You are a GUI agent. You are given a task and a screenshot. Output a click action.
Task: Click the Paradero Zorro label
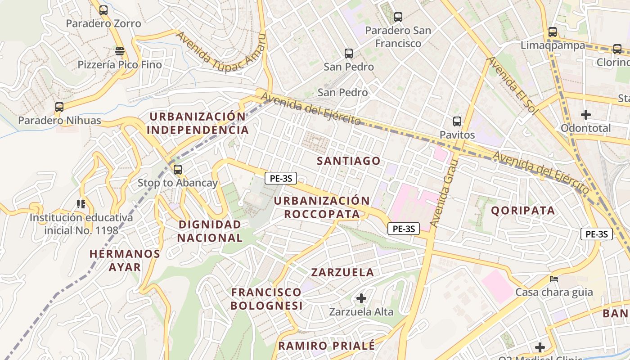click(x=103, y=23)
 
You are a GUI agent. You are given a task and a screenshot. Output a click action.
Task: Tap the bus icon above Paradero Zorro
click(x=103, y=10)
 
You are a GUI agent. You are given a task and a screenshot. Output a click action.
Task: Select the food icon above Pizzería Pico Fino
click(x=119, y=51)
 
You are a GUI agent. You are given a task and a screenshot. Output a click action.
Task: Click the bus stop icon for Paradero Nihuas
click(x=59, y=107)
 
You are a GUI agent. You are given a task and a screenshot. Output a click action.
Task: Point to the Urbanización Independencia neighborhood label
click(x=198, y=123)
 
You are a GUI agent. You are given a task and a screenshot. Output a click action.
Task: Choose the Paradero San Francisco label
click(x=398, y=37)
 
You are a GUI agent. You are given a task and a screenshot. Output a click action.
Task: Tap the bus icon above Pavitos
click(x=457, y=121)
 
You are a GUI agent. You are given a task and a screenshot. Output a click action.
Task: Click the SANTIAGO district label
click(x=349, y=161)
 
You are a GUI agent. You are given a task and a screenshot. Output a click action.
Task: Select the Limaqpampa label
click(x=553, y=45)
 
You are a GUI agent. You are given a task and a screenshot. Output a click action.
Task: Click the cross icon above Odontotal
click(x=585, y=115)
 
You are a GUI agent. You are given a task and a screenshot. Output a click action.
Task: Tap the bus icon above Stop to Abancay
click(x=178, y=170)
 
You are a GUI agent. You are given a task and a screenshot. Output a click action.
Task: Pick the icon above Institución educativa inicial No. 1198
click(x=81, y=204)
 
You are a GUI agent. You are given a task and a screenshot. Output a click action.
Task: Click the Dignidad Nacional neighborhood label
click(x=210, y=231)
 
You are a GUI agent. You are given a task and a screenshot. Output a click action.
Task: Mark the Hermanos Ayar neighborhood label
click(x=125, y=260)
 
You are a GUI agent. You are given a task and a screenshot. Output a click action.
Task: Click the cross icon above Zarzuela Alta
click(x=361, y=298)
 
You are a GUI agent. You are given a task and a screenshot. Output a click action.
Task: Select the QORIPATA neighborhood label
click(x=523, y=210)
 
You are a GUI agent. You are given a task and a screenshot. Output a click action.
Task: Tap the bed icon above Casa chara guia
click(x=554, y=279)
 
